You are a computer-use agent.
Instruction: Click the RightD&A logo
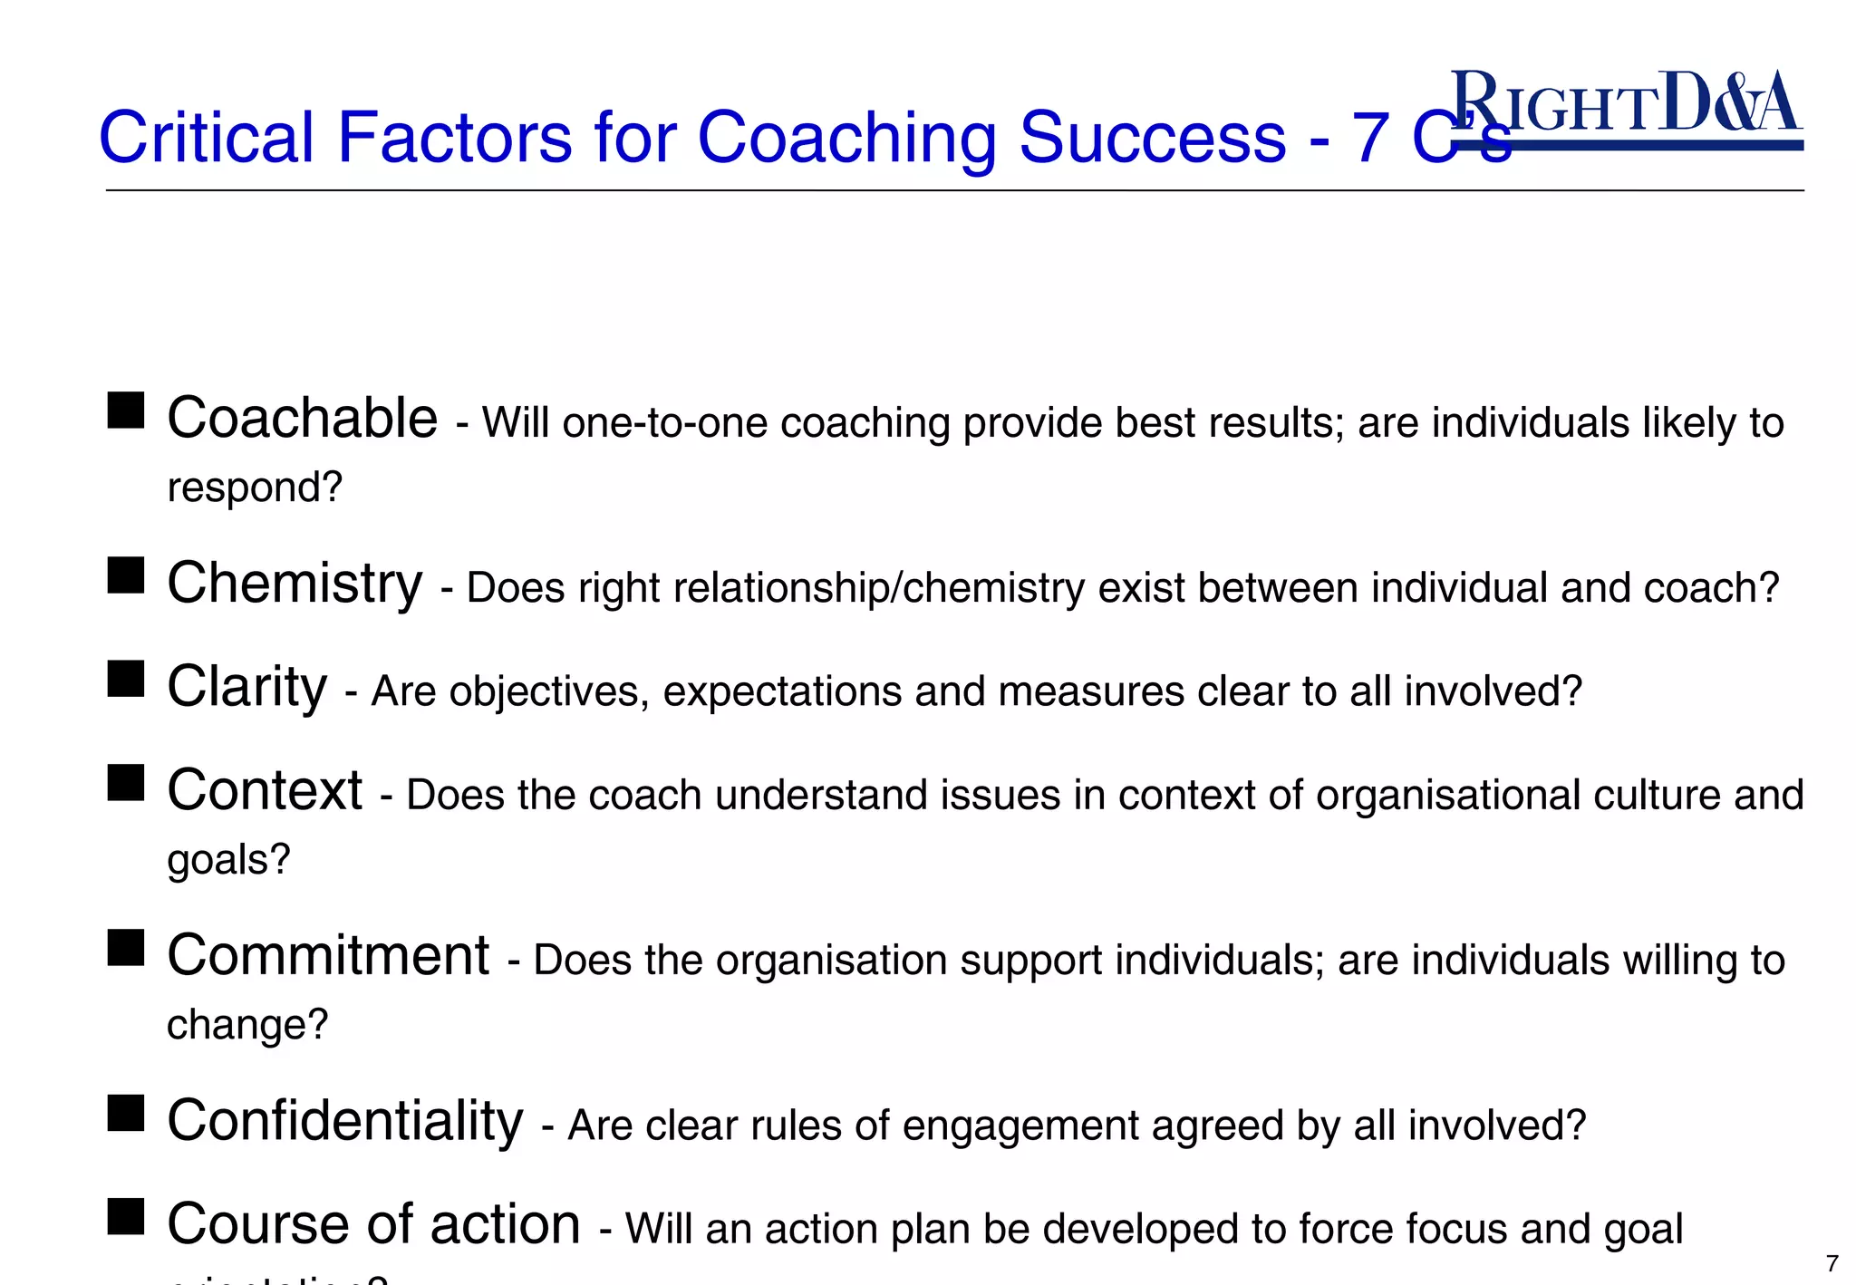point(1626,107)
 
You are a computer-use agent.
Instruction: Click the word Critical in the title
point(206,138)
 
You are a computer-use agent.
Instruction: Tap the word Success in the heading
point(1152,138)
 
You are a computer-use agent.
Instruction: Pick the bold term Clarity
point(246,687)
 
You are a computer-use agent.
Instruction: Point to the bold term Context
point(265,790)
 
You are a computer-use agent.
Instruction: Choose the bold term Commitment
point(328,955)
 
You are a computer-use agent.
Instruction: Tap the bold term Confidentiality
point(345,1122)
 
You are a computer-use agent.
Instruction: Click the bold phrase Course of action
point(373,1224)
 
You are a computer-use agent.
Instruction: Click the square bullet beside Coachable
point(126,410)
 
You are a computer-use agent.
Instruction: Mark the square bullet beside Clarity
point(126,678)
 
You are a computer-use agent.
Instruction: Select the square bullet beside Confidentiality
point(126,1113)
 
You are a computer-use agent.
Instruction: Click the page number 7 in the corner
point(1832,1263)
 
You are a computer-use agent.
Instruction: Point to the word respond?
point(255,488)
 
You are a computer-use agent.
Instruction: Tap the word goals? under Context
point(228,859)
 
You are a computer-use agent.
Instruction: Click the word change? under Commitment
point(246,1025)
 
